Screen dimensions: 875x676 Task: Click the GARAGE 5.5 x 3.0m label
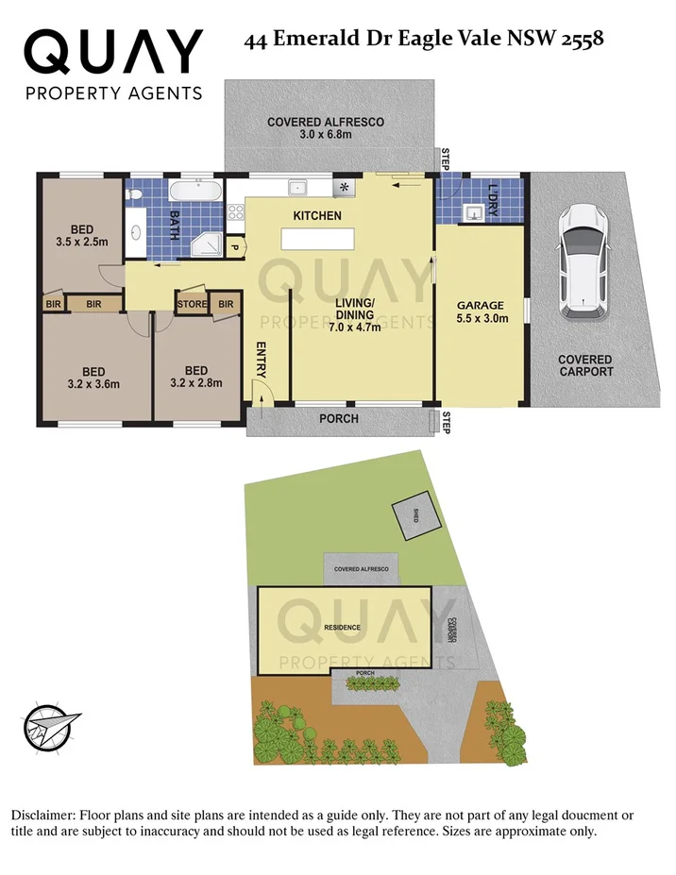pyautogui.click(x=482, y=311)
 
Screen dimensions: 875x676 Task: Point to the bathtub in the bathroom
pyautogui.click(x=196, y=192)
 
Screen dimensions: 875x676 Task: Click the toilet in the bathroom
pyautogui.click(x=135, y=195)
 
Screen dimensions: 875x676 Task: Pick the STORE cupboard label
pyautogui.click(x=192, y=304)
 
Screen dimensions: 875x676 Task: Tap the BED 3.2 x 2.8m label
pyautogui.click(x=196, y=377)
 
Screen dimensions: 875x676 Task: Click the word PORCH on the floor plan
pyautogui.click(x=339, y=418)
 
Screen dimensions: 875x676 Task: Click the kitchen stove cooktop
pyautogui.click(x=344, y=186)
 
